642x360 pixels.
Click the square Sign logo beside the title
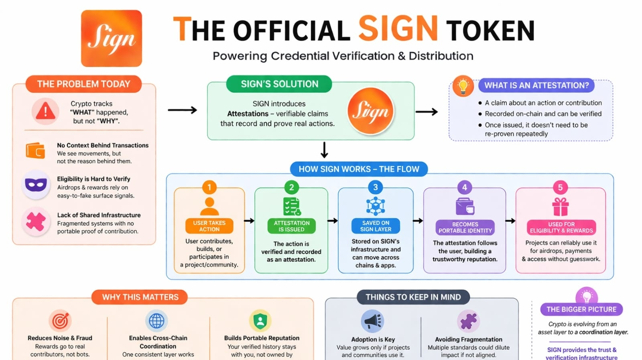(x=112, y=39)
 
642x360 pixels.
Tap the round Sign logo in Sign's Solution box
(x=370, y=111)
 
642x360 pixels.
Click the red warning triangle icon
(x=45, y=111)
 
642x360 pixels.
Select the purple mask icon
(x=36, y=185)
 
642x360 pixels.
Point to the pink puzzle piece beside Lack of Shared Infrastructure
(x=36, y=221)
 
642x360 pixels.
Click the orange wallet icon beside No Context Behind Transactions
(x=36, y=151)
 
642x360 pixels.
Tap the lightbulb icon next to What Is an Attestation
(x=463, y=86)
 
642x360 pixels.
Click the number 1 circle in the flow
(x=209, y=187)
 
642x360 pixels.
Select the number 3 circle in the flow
(x=375, y=187)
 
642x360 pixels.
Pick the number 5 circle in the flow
(x=560, y=187)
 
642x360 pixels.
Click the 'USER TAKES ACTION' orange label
(x=209, y=226)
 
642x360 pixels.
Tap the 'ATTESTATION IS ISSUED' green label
(x=292, y=226)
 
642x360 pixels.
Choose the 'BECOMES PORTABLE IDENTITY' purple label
(x=465, y=228)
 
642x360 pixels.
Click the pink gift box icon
(x=560, y=207)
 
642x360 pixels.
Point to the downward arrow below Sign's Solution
(x=324, y=150)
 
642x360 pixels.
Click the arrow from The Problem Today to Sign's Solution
(x=182, y=110)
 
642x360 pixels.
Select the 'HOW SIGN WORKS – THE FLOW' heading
(x=359, y=169)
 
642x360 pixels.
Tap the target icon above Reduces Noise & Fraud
(x=60, y=321)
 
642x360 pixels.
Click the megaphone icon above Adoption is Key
(x=372, y=321)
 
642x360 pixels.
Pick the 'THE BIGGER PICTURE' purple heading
(x=581, y=309)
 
